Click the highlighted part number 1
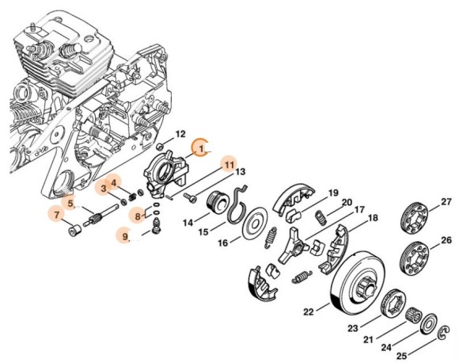point(202,147)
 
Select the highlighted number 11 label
point(228,164)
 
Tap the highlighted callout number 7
point(56,214)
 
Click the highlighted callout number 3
point(103,189)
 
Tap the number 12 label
point(180,134)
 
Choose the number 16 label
point(223,242)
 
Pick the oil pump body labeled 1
point(169,170)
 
